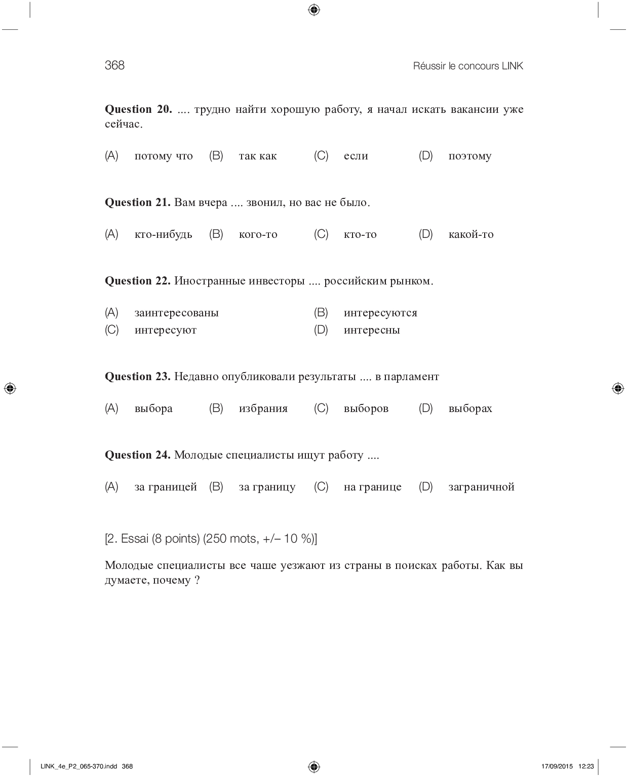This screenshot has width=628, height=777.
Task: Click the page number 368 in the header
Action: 114,65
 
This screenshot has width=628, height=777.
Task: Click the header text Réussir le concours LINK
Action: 468,66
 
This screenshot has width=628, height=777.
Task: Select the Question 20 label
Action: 138,109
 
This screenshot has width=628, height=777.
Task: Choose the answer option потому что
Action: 164,156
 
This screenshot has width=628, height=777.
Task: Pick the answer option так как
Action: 258,156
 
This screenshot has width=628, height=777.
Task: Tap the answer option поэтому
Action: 469,156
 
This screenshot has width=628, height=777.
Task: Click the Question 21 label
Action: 137,202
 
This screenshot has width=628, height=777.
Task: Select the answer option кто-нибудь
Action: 163,234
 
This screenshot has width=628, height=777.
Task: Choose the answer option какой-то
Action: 470,234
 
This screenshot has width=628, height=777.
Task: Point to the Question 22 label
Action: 137,281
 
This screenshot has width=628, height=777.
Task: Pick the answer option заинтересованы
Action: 176,313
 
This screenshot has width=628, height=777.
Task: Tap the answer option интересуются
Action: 380,313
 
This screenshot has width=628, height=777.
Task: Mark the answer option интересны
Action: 372,330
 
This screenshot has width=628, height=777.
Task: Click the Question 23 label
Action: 137,377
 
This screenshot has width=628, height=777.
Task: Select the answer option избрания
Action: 263,408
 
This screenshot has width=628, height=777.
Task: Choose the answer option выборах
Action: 470,408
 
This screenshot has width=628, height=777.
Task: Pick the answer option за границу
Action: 267,487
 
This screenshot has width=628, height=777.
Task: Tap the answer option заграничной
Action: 481,487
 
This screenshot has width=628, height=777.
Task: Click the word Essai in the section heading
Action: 135,539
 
